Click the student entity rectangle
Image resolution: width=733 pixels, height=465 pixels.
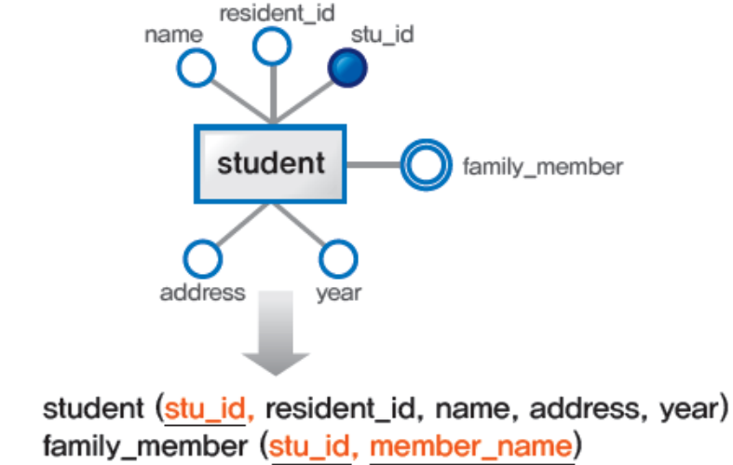tap(269, 164)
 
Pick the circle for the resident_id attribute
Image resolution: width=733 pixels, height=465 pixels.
tap(272, 47)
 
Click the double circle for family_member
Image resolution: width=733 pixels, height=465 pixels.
tap(424, 167)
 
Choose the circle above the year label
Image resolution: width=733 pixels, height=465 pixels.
tap(338, 258)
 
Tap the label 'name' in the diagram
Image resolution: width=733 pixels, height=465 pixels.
tap(173, 35)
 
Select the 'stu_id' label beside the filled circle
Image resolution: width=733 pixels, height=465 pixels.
tap(382, 34)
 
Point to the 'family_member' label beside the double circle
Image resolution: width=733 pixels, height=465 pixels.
tap(542, 168)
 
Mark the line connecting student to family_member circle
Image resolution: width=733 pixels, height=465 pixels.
tap(374, 165)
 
